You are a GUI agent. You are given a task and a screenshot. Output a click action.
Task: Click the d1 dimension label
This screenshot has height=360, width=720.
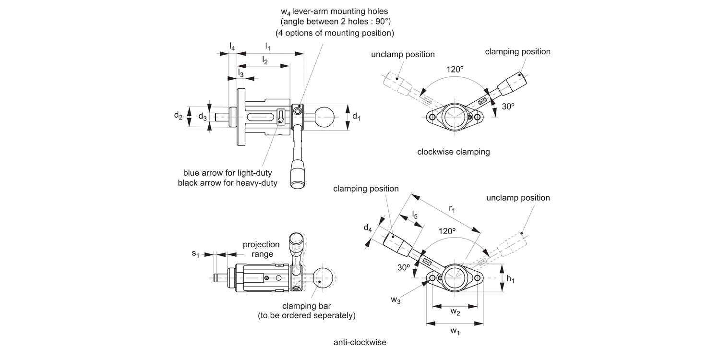pyautogui.click(x=356, y=116)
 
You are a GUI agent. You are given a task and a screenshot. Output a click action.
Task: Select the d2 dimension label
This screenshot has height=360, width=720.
pyautogui.click(x=178, y=116)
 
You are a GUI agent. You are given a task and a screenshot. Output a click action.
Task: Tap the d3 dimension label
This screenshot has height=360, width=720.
pyautogui.click(x=203, y=116)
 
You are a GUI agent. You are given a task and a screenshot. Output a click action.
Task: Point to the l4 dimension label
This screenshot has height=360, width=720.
pyautogui.click(x=232, y=47)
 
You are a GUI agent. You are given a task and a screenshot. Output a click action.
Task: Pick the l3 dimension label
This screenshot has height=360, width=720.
pyautogui.click(x=241, y=73)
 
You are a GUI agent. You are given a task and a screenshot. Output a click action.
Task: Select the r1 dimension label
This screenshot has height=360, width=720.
pyautogui.click(x=452, y=209)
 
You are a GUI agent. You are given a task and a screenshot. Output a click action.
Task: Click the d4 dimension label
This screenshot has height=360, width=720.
pyautogui.click(x=368, y=228)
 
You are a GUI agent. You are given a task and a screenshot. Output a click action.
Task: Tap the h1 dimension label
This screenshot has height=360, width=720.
pyautogui.click(x=510, y=279)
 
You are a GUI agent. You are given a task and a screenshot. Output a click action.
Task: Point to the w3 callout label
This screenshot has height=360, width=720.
pyautogui.click(x=396, y=300)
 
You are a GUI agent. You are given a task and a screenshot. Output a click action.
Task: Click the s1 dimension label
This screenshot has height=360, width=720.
pyautogui.click(x=195, y=253)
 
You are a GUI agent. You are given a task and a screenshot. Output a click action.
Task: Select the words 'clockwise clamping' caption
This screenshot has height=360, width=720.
pyautogui.click(x=454, y=152)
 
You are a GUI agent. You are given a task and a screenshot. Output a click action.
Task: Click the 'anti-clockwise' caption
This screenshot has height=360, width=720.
pyautogui.click(x=360, y=342)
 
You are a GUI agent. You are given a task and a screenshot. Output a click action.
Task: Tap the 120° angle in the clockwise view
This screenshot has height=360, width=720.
pyautogui.click(x=455, y=69)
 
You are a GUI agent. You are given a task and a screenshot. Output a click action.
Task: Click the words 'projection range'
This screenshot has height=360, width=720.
pyautogui.click(x=261, y=249)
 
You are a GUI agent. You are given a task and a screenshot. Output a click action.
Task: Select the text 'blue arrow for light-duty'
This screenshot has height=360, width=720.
pyautogui.click(x=228, y=172)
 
